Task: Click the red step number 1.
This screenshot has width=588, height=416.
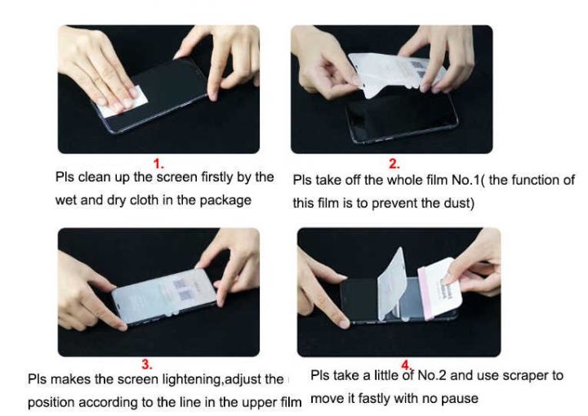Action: click(158, 163)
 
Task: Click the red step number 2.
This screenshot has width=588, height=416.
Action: click(394, 163)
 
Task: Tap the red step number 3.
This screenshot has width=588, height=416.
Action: click(146, 365)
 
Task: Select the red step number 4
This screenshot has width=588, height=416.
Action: click(406, 365)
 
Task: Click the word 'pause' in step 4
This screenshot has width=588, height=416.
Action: click(460, 399)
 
